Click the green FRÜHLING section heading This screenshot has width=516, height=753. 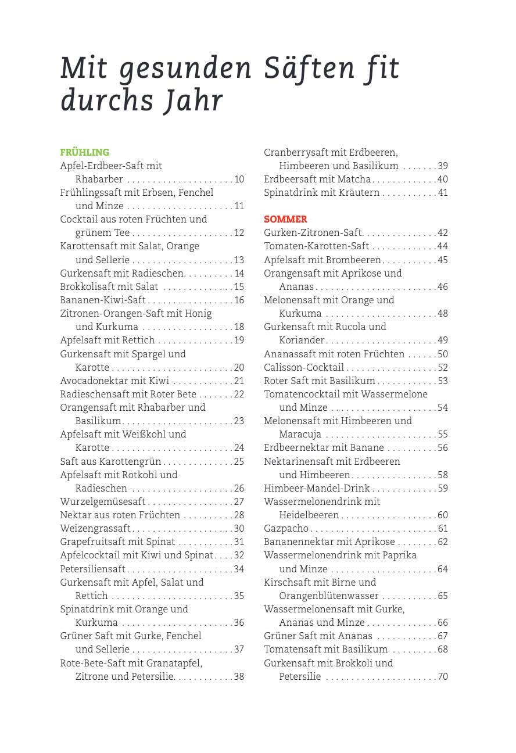click(85, 153)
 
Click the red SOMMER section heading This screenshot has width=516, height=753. click(285, 220)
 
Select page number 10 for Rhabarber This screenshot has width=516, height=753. click(239, 180)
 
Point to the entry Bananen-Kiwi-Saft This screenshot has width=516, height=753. click(103, 300)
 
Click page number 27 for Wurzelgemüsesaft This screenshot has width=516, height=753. click(239, 502)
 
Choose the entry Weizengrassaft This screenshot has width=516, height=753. click(95, 529)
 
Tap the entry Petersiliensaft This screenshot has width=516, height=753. click(93, 569)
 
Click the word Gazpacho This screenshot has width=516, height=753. click(286, 529)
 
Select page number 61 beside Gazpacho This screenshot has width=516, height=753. click(443, 529)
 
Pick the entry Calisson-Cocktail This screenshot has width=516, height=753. click(304, 368)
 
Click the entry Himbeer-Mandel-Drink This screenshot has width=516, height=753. click(317, 489)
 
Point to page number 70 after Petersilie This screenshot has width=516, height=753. click(443, 677)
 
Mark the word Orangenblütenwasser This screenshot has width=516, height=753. click(329, 596)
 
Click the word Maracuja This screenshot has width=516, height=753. click(300, 435)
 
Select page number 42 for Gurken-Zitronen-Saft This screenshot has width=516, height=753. click(443, 233)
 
